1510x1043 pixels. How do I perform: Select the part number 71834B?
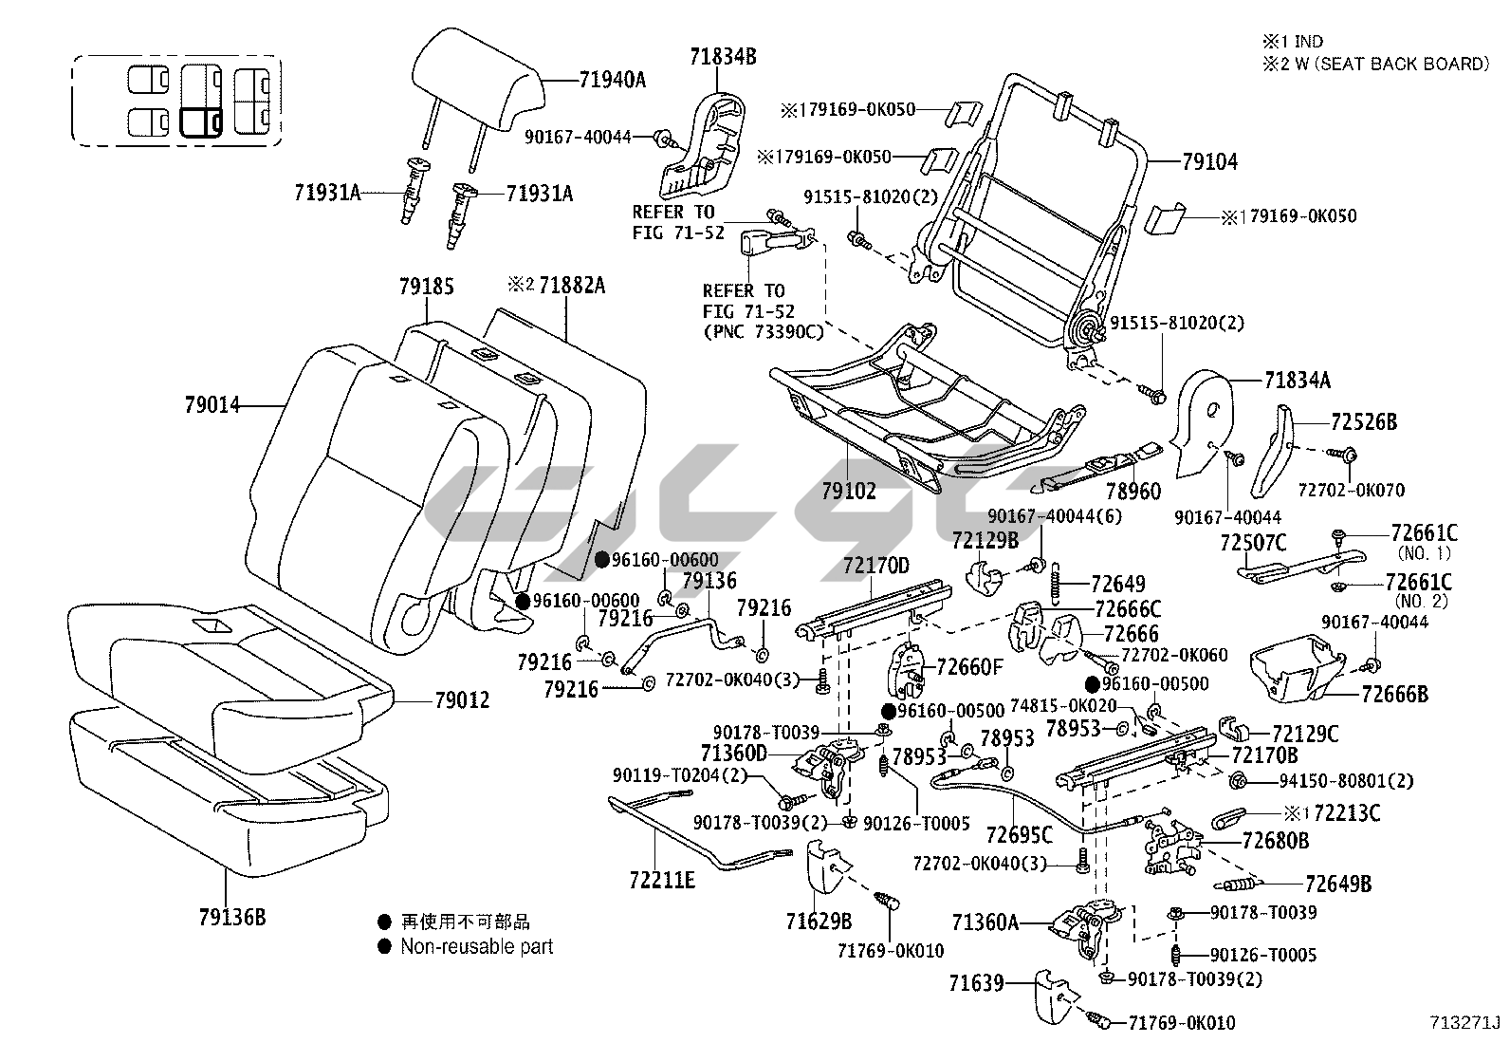[x=723, y=57]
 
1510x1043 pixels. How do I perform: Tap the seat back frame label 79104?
[x=1209, y=162]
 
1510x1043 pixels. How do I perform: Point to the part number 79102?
[x=849, y=491]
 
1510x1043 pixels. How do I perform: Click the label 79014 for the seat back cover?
[x=212, y=406]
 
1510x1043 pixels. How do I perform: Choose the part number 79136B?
[x=231, y=918]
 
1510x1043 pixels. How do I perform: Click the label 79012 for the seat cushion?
[x=462, y=700]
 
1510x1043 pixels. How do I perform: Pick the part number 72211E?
[x=661, y=880]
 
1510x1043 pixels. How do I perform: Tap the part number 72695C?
[x=1019, y=834]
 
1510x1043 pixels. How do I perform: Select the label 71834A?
[x=1297, y=381]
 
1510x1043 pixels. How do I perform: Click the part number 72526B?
[x=1364, y=422]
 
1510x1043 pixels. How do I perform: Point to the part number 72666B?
[x=1394, y=695]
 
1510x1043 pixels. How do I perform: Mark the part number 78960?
[x=1132, y=491]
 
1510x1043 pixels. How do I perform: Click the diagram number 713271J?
[x=1465, y=1023]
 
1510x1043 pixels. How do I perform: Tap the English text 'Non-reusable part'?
[x=476, y=946]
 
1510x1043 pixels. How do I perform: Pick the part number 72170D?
[x=875, y=567]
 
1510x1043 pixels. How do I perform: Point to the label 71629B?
[x=819, y=921]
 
